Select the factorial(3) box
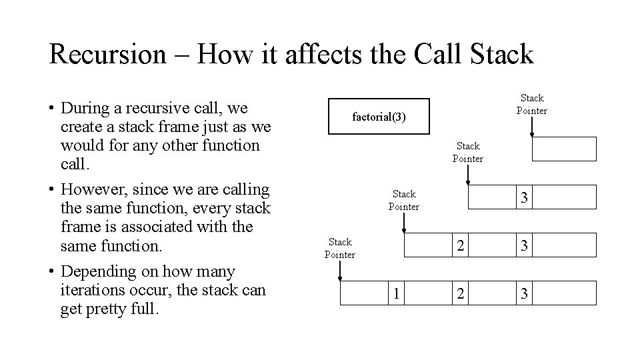379,117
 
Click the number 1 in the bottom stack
396,293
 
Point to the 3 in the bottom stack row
525,293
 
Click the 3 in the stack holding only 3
525,198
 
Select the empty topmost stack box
563,149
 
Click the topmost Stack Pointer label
531,104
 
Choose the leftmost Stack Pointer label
339,248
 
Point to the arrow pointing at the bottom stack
340,271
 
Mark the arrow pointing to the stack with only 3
468,175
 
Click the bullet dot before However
51,191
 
